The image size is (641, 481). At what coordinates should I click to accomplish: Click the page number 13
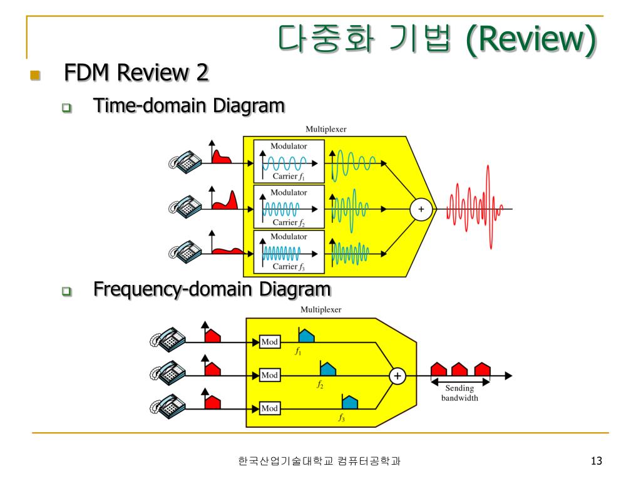pos(596,462)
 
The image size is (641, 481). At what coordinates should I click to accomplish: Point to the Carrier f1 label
pos(289,176)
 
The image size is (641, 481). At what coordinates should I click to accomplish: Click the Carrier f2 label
pos(289,222)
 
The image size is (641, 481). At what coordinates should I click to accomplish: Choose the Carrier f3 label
pos(289,266)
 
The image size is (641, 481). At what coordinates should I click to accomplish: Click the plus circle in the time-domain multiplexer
pos(421,210)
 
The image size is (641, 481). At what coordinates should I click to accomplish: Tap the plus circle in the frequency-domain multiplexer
pos(397,376)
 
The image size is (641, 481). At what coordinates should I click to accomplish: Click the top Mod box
pos(270,342)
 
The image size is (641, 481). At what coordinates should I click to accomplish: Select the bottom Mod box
pos(270,408)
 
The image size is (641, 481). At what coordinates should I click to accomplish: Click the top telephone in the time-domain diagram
pos(184,162)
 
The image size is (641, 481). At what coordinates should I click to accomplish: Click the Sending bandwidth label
pos(459,393)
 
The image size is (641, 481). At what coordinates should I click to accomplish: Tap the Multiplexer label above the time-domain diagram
pos(326,129)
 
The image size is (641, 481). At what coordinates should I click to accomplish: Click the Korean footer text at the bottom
pos(319,462)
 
